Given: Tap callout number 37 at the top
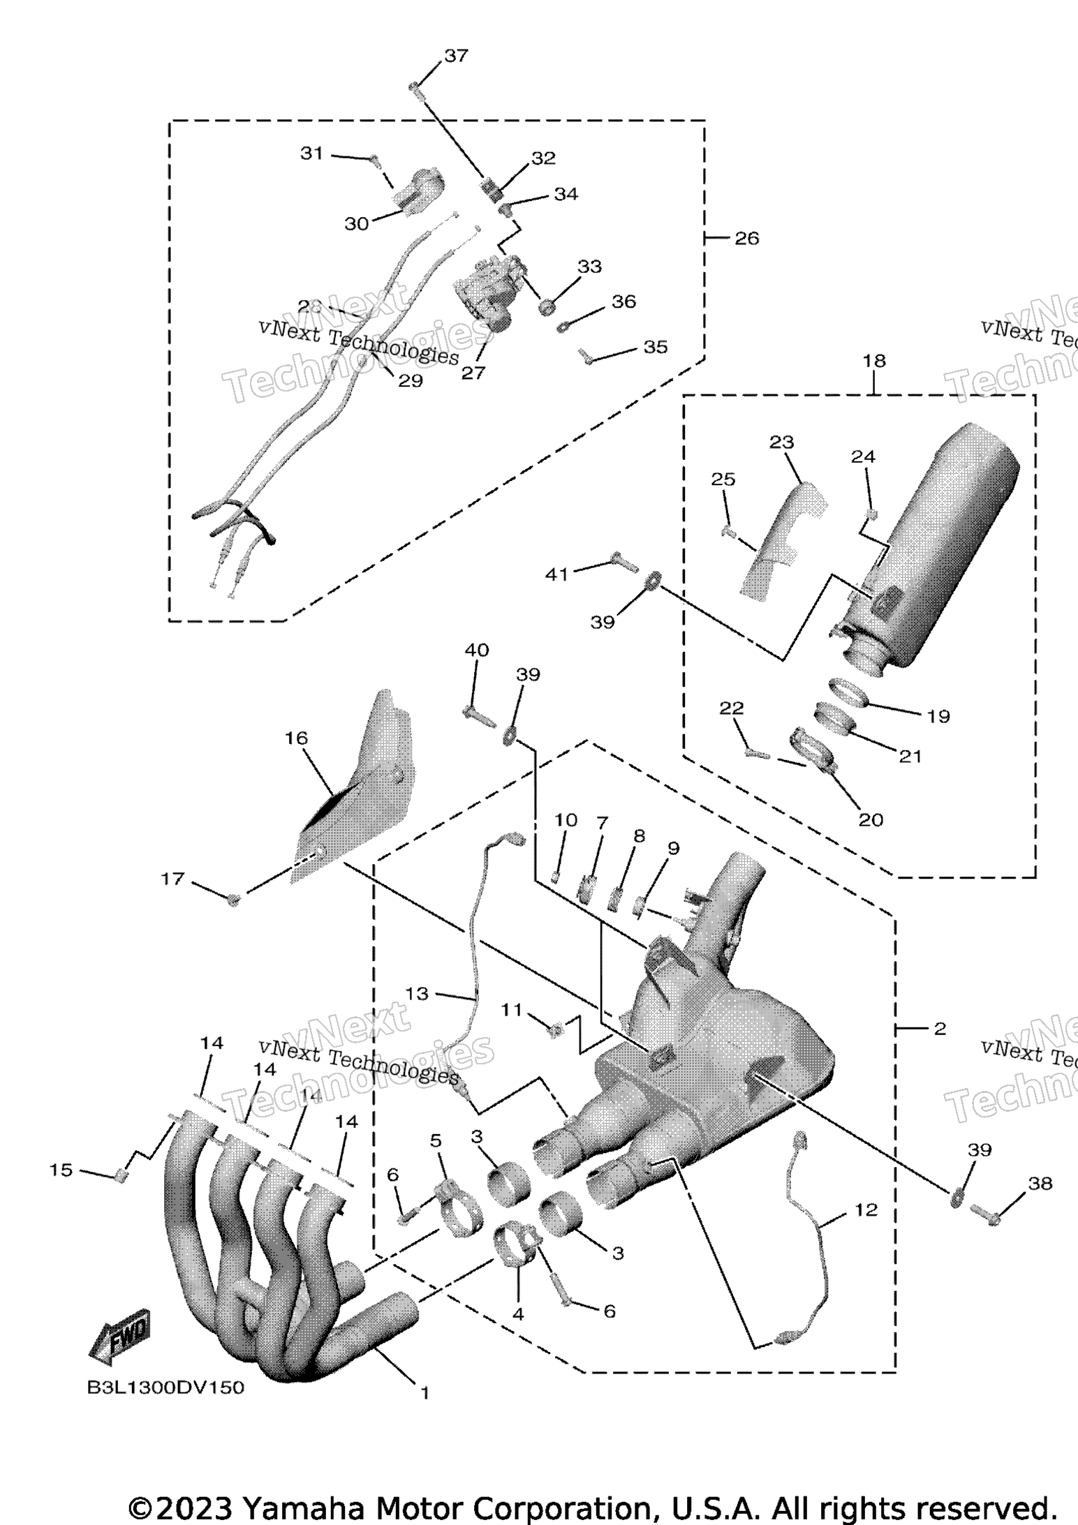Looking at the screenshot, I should [x=456, y=56].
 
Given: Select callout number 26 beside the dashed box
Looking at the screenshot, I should [x=746, y=238].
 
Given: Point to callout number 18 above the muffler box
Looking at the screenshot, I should [x=874, y=361].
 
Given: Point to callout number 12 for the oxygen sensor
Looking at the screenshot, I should [x=866, y=1210].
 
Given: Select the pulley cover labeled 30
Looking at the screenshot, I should [x=420, y=186].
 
